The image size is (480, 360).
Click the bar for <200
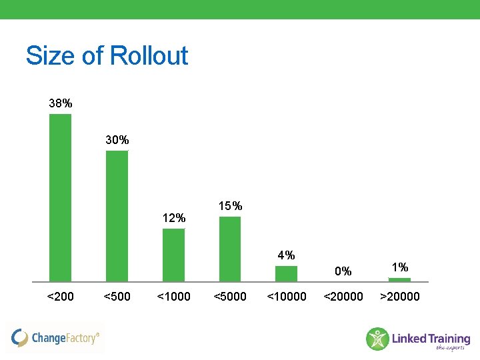[60, 198]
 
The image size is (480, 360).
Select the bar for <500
[117, 216]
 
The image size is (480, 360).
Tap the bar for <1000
[173, 255]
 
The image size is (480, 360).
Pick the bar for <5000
[230, 249]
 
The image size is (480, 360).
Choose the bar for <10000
[286, 274]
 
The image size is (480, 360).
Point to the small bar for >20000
[399, 280]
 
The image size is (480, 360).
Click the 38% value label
[61, 103]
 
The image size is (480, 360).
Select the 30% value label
[117, 140]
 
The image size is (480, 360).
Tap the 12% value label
[174, 218]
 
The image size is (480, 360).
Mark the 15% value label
[231, 206]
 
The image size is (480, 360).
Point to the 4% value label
[287, 255]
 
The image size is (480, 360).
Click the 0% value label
[343, 271]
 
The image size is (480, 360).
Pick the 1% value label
[400, 267]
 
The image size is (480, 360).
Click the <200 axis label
[61, 297]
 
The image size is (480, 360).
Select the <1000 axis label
[173, 297]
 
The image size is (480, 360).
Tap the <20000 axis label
[343, 297]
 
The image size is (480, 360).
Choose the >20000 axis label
[400, 297]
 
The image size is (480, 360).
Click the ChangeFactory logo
[56, 338]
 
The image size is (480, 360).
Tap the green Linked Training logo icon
[377, 339]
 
